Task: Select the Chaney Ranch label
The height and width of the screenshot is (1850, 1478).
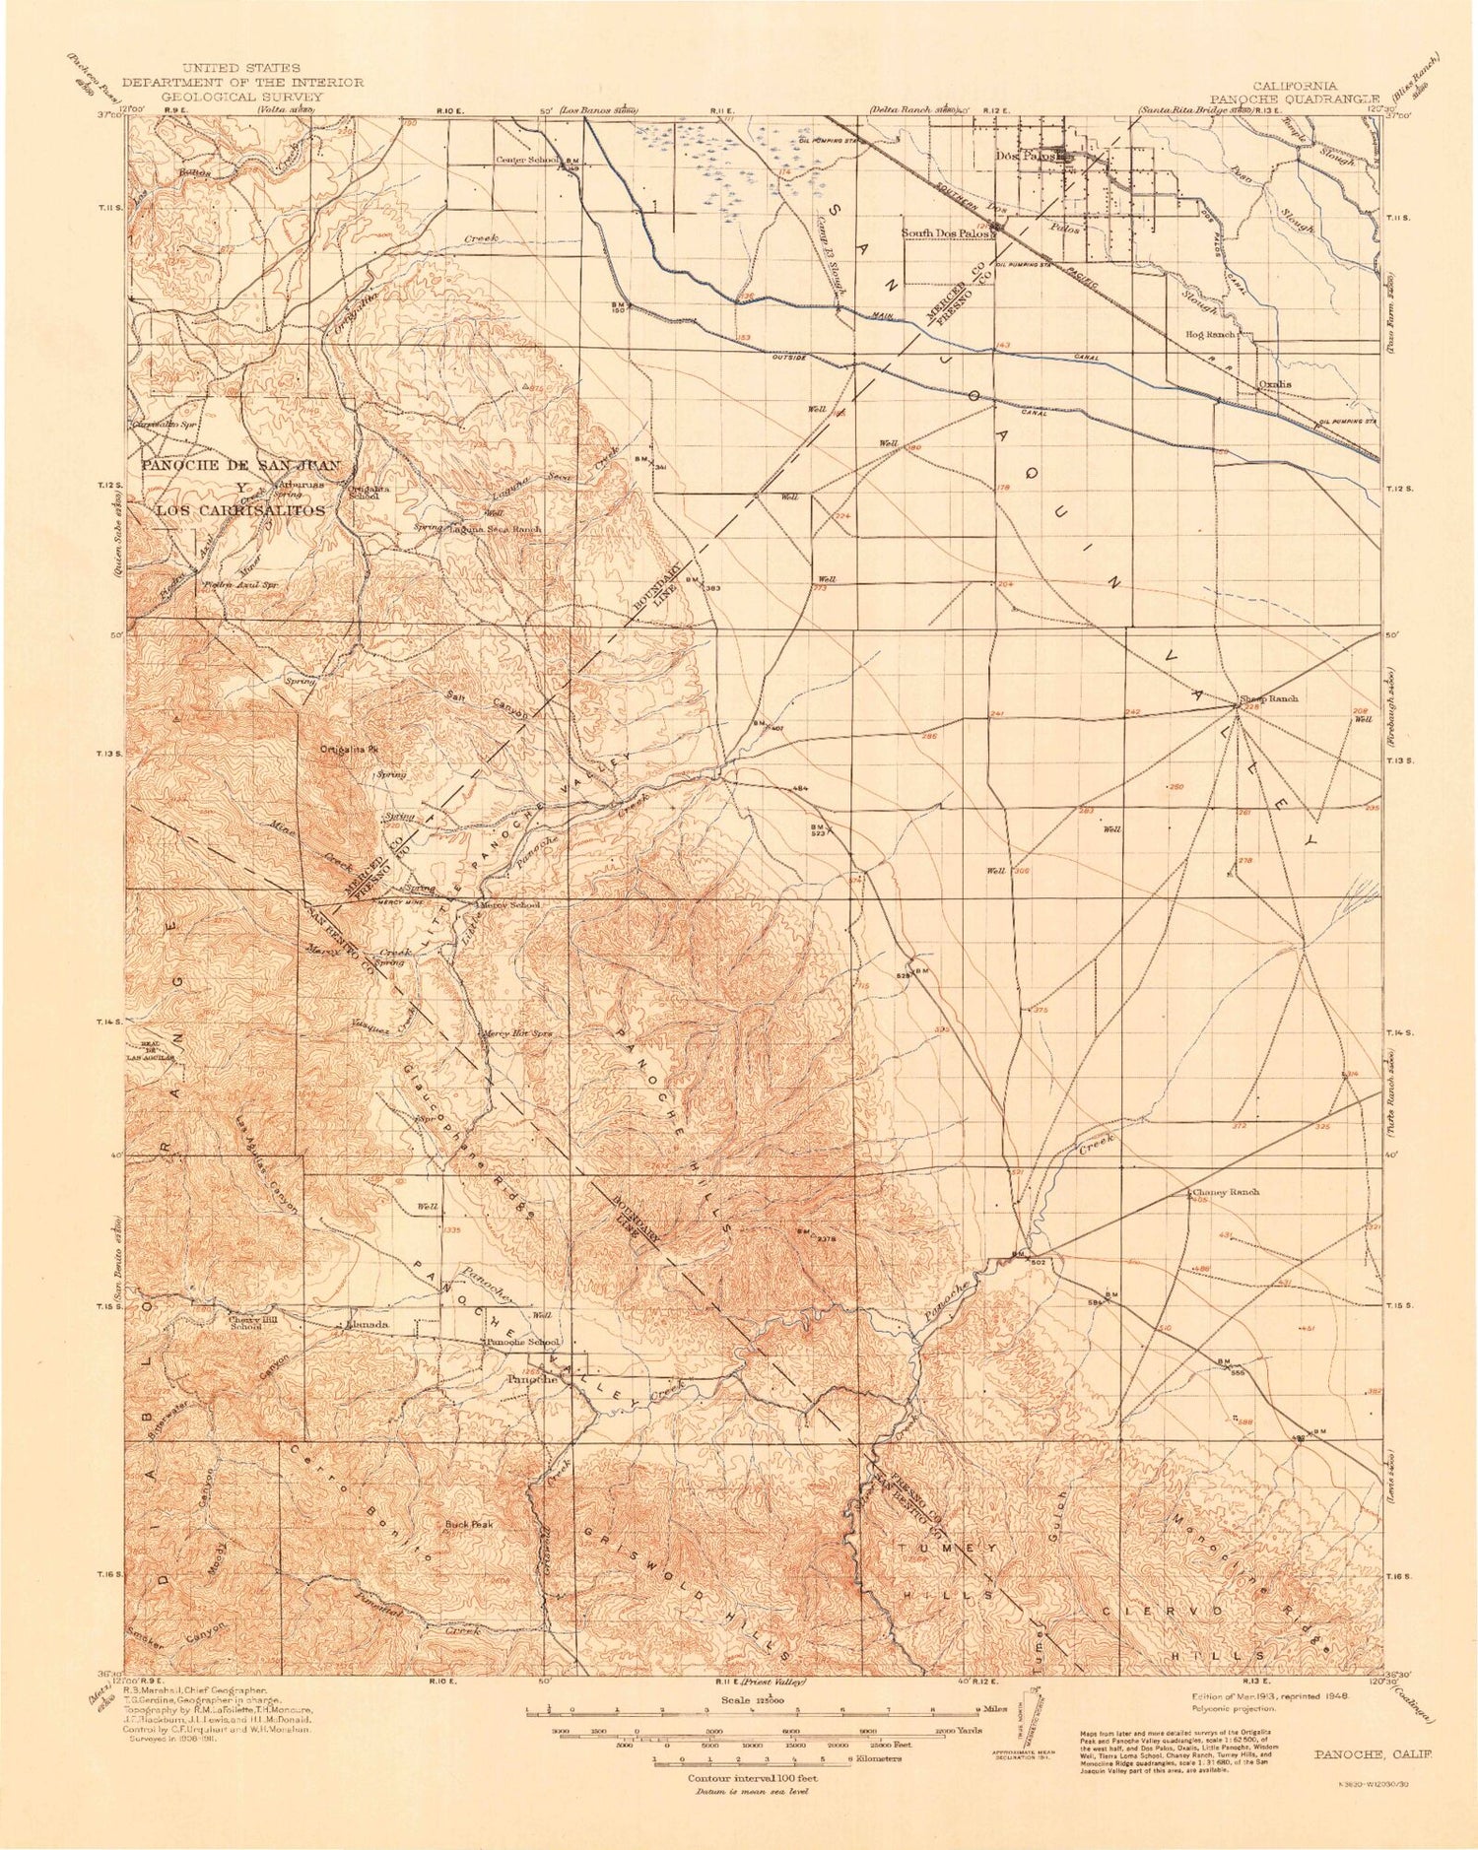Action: tap(1228, 1191)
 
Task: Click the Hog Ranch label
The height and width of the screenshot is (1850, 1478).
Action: tap(1211, 335)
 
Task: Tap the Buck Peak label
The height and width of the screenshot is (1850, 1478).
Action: tap(468, 1524)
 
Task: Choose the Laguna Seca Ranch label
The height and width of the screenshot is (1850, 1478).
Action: tap(496, 529)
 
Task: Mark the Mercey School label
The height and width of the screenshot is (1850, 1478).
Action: tap(509, 904)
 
